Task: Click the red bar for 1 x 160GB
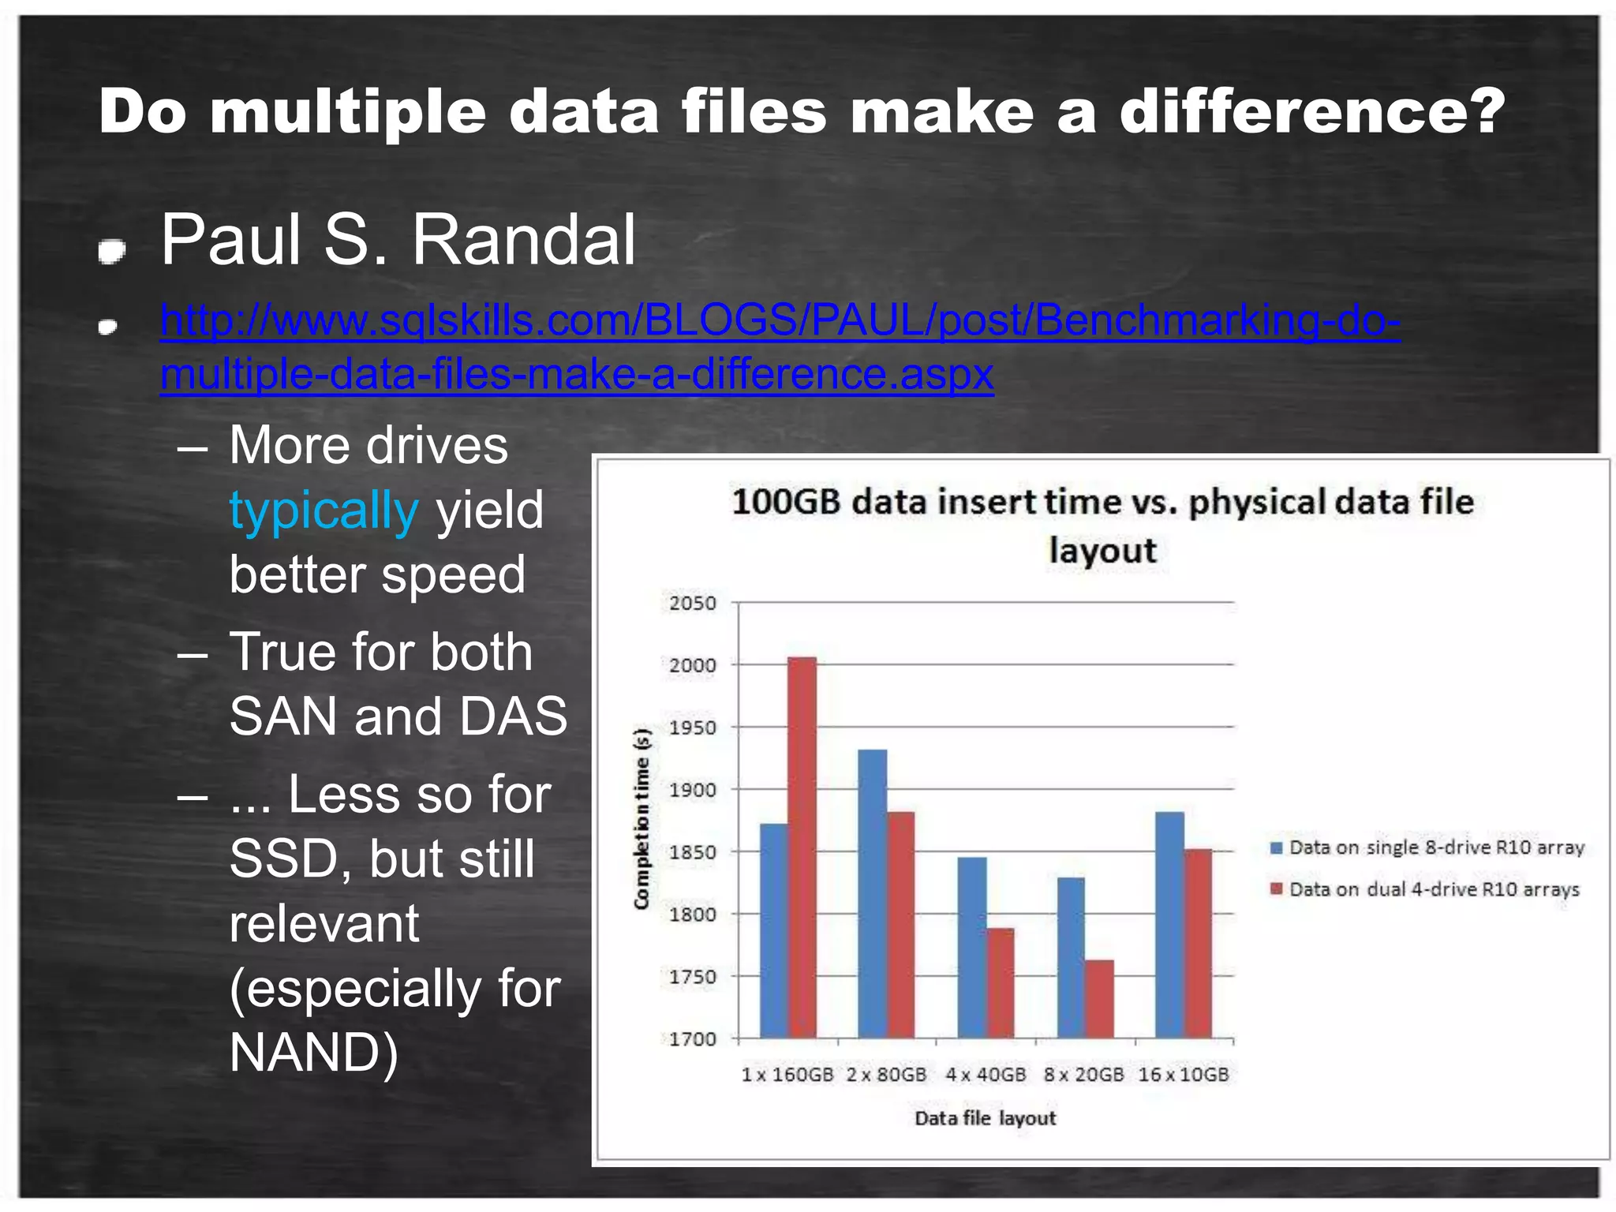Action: (802, 847)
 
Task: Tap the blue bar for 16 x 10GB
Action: (1169, 925)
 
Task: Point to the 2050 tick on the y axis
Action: (692, 604)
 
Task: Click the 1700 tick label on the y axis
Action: (692, 1039)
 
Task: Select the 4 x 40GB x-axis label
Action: (986, 1075)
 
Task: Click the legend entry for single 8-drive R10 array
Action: (1427, 847)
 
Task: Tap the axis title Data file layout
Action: (985, 1118)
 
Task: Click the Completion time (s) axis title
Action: (642, 818)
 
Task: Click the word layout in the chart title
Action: (1102, 550)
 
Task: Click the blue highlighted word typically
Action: (324, 510)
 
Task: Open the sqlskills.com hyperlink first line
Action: (780, 321)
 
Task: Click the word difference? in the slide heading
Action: (1312, 111)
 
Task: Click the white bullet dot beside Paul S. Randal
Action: (111, 252)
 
